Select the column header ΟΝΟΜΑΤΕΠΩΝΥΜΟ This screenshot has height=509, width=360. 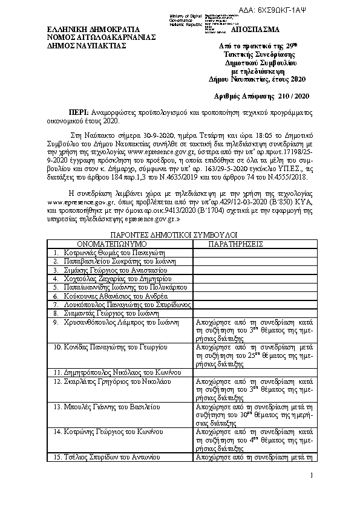(120, 244)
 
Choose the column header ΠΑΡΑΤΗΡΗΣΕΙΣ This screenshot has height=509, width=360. (236, 244)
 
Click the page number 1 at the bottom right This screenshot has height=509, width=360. (309, 476)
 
